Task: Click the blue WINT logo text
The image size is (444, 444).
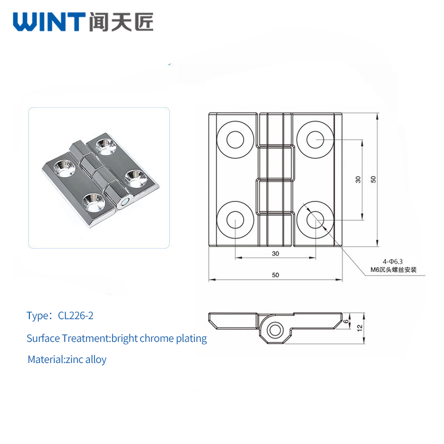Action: tap(49, 22)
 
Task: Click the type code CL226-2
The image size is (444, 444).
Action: tap(75, 315)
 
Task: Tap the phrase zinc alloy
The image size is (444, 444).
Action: tap(86, 359)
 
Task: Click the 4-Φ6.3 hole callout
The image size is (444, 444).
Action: tap(393, 261)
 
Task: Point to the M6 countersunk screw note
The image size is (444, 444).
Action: tap(393, 270)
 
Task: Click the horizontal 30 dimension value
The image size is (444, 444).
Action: tap(275, 254)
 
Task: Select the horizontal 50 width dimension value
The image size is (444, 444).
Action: tap(275, 275)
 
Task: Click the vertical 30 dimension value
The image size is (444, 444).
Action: tap(358, 179)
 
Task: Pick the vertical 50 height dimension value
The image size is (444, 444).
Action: tap(373, 179)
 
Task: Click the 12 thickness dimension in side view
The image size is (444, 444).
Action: tap(360, 328)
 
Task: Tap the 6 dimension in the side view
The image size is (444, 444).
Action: tap(346, 321)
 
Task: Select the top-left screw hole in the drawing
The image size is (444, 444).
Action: tap(235, 140)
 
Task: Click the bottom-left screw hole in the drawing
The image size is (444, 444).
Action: tap(235, 220)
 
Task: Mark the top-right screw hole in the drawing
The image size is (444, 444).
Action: tap(315, 140)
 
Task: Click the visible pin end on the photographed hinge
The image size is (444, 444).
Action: tap(124, 202)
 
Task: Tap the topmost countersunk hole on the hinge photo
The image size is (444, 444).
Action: tap(106, 147)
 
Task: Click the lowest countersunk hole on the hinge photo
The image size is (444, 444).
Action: tap(93, 203)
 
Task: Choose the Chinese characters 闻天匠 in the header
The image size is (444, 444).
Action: tap(121, 22)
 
